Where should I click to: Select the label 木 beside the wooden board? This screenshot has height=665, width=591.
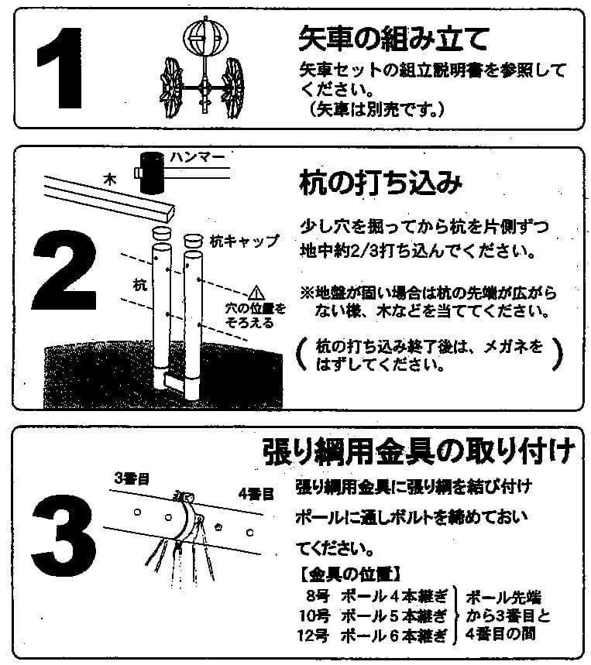(x=109, y=178)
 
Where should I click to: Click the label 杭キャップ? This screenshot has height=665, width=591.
(x=244, y=241)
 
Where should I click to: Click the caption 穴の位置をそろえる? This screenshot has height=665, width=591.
(x=255, y=315)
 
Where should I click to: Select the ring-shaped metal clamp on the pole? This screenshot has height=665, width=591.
(x=187, y=515)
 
